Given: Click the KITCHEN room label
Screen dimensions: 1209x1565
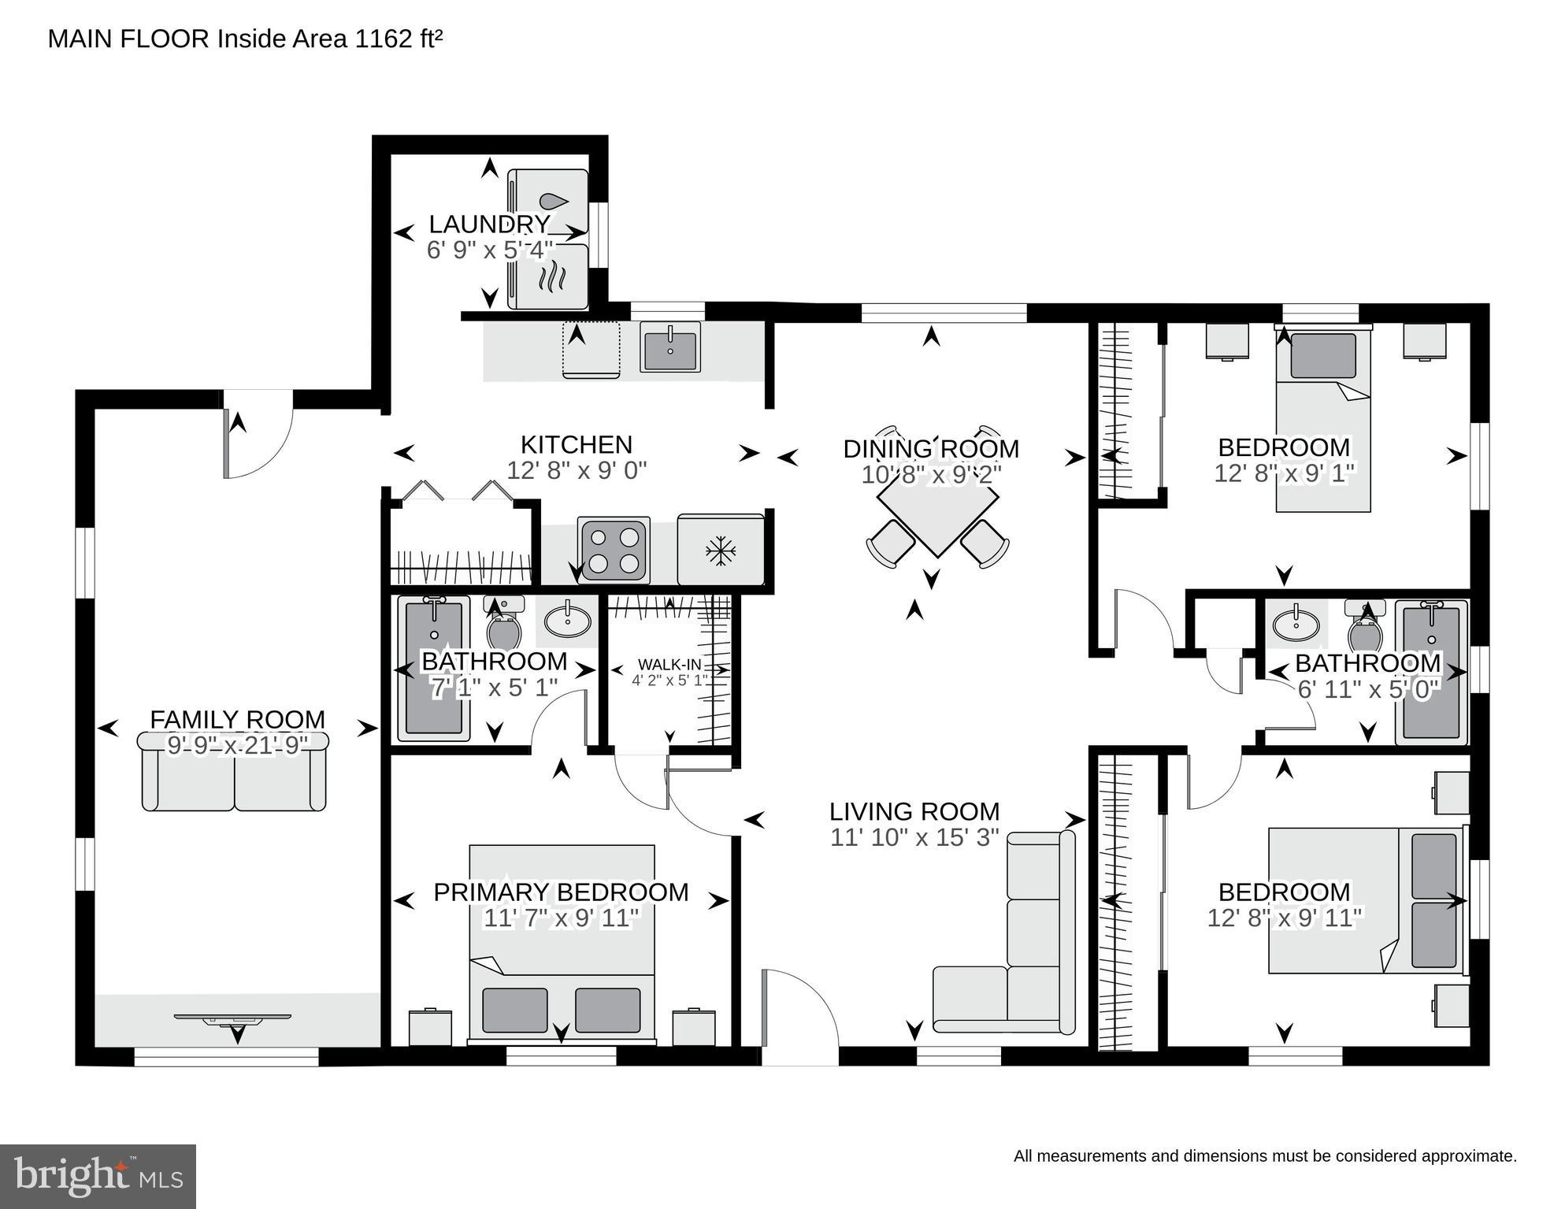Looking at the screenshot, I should pos(576,445).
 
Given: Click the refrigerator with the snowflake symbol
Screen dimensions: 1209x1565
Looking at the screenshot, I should pos(720,551).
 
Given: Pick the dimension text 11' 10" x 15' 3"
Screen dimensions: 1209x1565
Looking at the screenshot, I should pos(914,837).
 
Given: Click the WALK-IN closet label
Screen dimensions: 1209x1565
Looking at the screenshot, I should pos(669,665).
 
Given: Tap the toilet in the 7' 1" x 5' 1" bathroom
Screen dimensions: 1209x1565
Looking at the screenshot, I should pos(504,626).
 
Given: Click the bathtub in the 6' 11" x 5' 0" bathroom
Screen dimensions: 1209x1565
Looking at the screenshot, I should pos(1431,673).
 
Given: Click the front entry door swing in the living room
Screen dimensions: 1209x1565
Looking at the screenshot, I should pos(795,1016).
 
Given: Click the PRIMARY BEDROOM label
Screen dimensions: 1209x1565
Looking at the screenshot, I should pos(560,892).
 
